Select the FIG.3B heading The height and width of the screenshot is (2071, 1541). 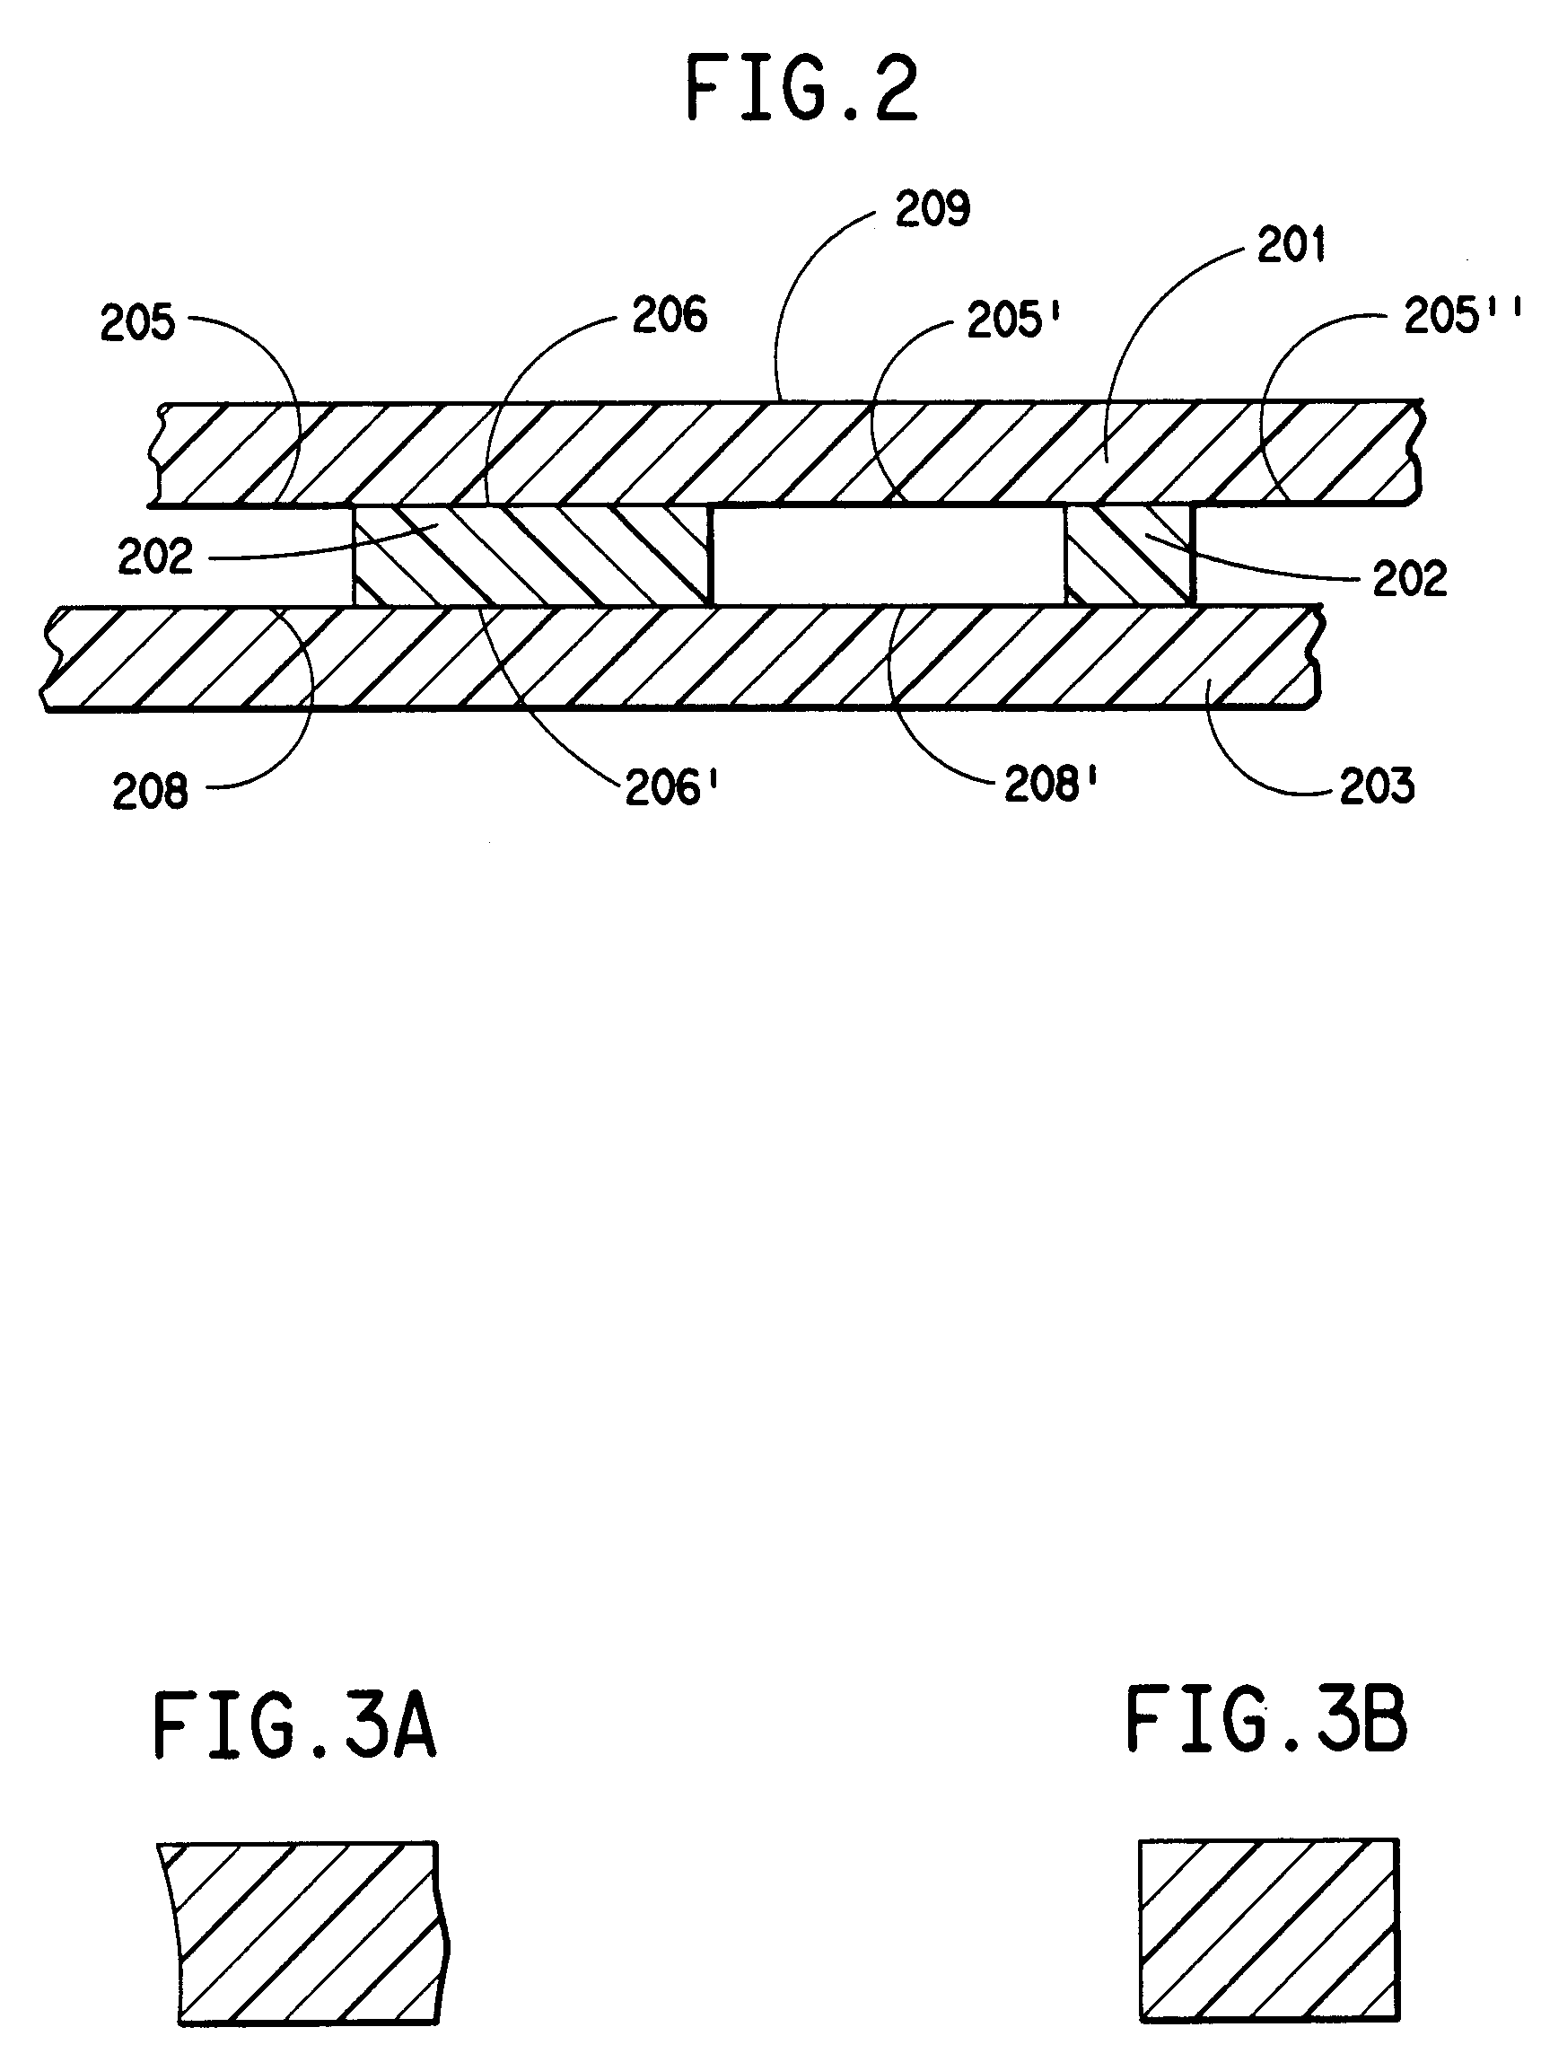[x=1265, y=1719]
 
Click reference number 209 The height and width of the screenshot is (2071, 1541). [x=932, y=209]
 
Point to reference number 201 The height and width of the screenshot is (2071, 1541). [x=1291, y=245]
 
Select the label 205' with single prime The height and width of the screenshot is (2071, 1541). [x=1015, y=320]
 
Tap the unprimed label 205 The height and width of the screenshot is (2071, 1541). [x=137, y=323]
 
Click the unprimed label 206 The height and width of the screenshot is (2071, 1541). [x=669, y=315]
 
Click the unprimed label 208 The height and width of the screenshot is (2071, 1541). [x=150, y=792]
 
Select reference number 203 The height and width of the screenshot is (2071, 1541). [x=1377, y=785]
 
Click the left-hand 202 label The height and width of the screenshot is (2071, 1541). [x=155, y=557]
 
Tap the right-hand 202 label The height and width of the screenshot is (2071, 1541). [x=1409, y=579]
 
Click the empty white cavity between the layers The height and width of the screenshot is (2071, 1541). [x=888, y=556]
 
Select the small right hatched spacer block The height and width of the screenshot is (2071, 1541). [x=1129, y=556]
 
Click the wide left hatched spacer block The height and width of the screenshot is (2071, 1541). [x=532, y=556]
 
